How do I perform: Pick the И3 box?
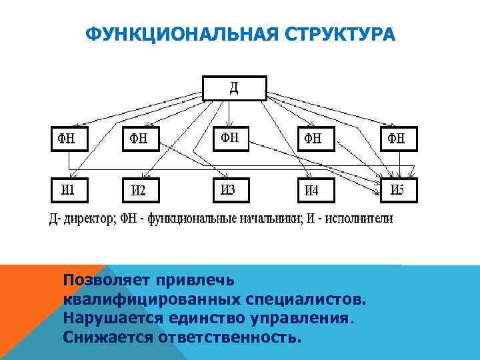click(x=229, y=189)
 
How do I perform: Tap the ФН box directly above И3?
click(x=229, y=137)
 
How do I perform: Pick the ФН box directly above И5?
click(x=398, y=139)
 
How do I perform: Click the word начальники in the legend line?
click(x=259, y=217)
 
